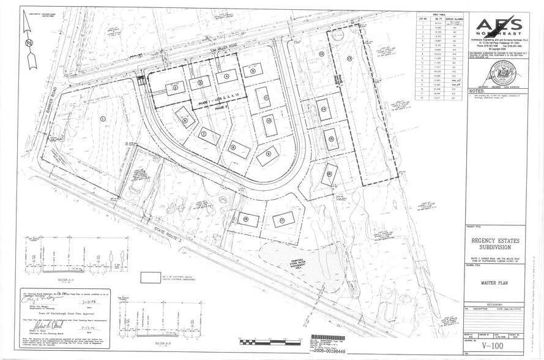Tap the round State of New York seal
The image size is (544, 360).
pyautogui.click(x=494, y=77)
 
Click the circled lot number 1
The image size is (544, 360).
pyautogui.click(x=103, y=118)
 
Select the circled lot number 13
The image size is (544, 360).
pyautogui.click(x=349, y=58)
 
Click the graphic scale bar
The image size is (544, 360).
pyautogui.click(x=269, y=341)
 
